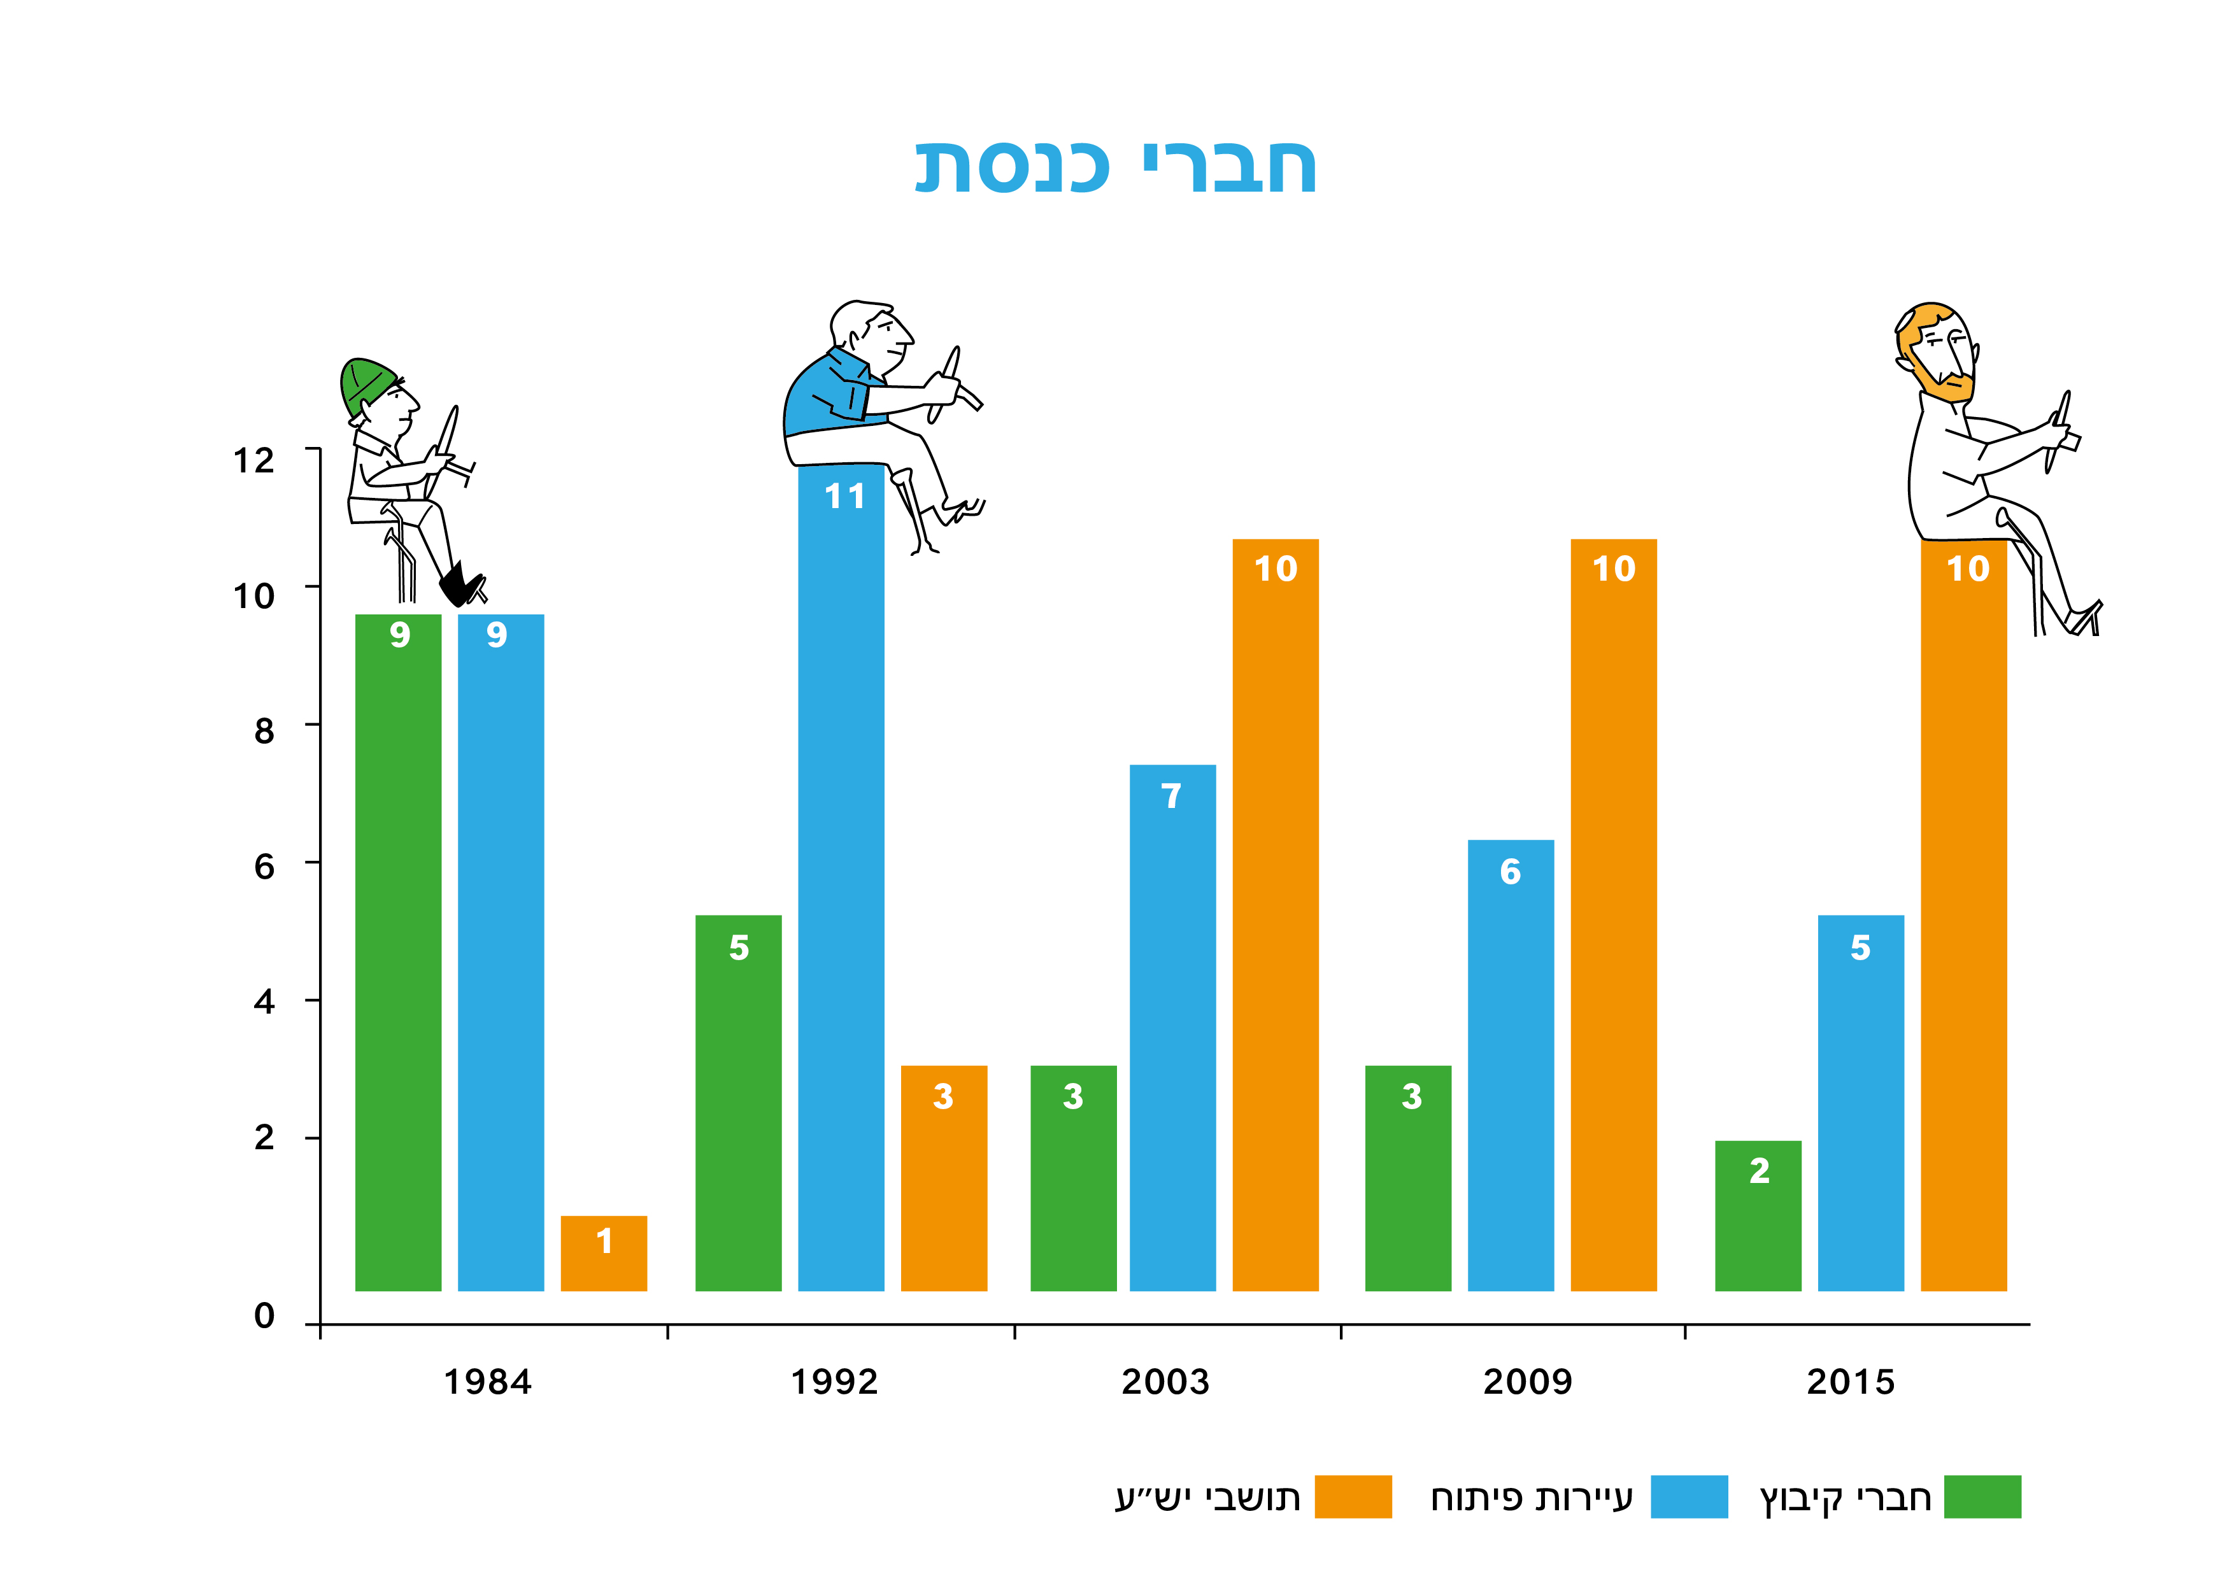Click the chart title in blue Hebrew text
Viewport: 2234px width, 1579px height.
click(1115, 167)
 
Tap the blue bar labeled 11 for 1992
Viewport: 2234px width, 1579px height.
click(841, 875)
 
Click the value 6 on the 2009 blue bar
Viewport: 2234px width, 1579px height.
click(1510, 872)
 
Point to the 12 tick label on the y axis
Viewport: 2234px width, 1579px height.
click(254, 460)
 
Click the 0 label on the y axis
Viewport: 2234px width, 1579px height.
click(264, 1316)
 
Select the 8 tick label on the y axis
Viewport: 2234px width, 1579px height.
click(264, 732)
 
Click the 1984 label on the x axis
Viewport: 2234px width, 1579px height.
click(487, 1382)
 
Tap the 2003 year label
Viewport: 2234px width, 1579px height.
click(1165, 1382)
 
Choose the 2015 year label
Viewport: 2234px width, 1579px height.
click(1851, 1382)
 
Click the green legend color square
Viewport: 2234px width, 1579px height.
click(1982, 1496)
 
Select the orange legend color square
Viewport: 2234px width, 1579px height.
click(1353, 1496)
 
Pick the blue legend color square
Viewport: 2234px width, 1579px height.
click(1689, 1496)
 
